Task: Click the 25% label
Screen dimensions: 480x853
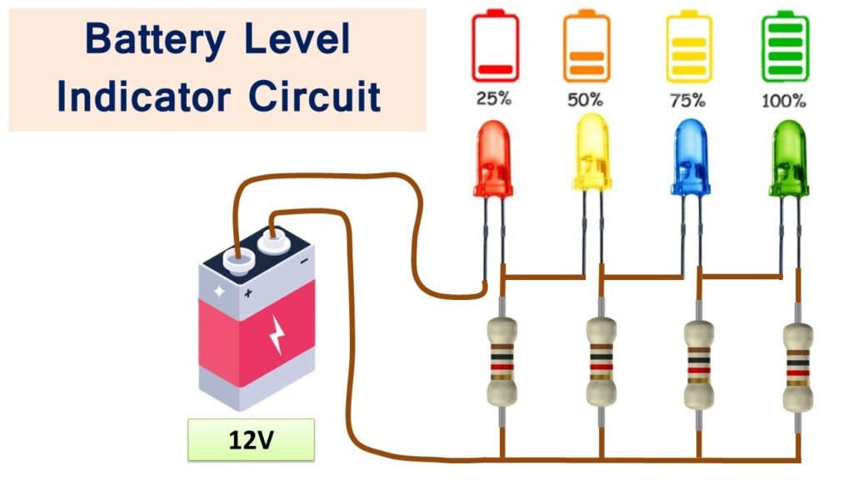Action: click(x=494, y=99)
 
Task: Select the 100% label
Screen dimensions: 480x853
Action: click(x=784, y=100)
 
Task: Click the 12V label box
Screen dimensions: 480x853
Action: click(x=251, y=440)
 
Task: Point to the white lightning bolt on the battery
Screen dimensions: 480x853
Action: click(x=276, y=333)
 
